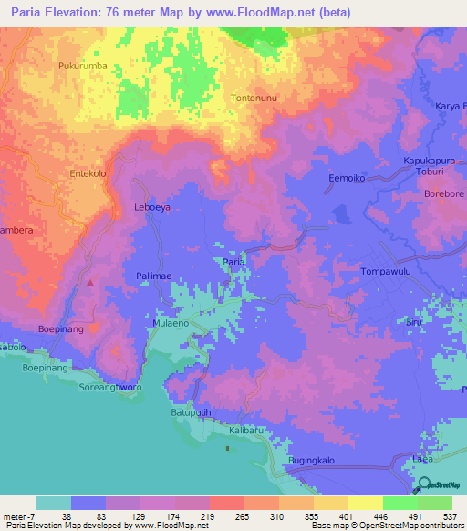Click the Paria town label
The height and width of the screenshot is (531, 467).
pos(233,262)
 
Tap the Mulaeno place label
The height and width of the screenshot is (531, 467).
pos(171,323)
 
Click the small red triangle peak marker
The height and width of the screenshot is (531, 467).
pos(89,282)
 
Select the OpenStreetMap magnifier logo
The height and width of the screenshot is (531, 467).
pos(425,485)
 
